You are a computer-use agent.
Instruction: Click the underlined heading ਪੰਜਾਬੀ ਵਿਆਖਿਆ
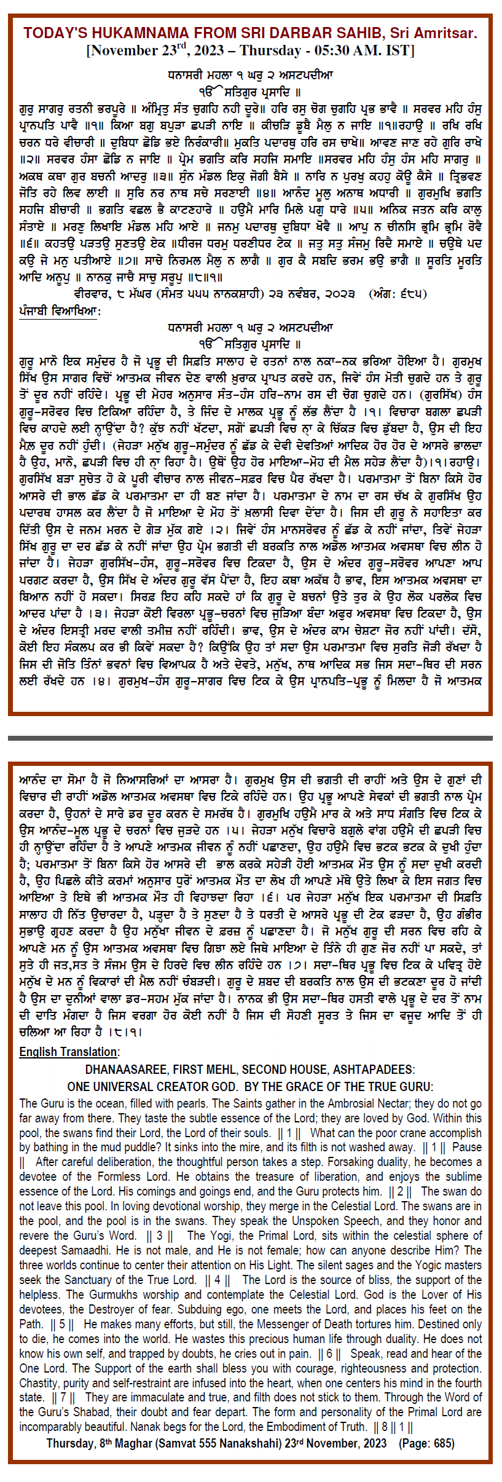coord(59,312)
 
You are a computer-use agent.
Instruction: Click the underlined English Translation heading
coord(69,1052)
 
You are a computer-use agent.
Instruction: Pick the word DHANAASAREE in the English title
coord(127,1070)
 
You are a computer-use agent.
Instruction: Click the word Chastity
coord(41,1383)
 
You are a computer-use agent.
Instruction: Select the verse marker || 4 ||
coord(218,1280)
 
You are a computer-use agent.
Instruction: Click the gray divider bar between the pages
coord(251,738)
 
